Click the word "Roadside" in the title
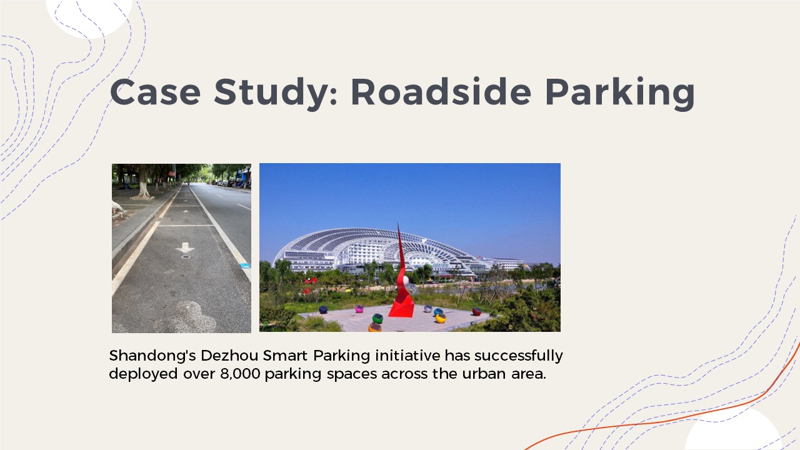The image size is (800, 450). tap(441, 91)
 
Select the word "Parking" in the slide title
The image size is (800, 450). tap(620, 94)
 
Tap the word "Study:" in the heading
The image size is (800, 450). tap(276, 94)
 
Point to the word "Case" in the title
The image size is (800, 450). tap(155, 92)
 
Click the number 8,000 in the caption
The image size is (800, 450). tap(240, 374)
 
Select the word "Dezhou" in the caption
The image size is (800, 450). tap(229, 356)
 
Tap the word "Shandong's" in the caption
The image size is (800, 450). tap(152, 356)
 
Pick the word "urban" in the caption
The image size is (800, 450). tap(484, 374)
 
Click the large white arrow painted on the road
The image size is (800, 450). tap(185, 247)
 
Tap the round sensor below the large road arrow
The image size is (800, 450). tap(186, 257)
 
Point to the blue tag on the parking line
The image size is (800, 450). tap(245, 266)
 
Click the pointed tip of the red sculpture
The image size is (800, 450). tap(398, 224)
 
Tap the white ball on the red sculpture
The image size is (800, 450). tap(406, 281)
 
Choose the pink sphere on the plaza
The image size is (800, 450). tap(359, 309)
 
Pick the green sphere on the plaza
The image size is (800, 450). tap(377, 318)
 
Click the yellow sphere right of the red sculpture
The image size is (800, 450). tap(441, 318)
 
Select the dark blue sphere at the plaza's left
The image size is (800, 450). tap(323, 309)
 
